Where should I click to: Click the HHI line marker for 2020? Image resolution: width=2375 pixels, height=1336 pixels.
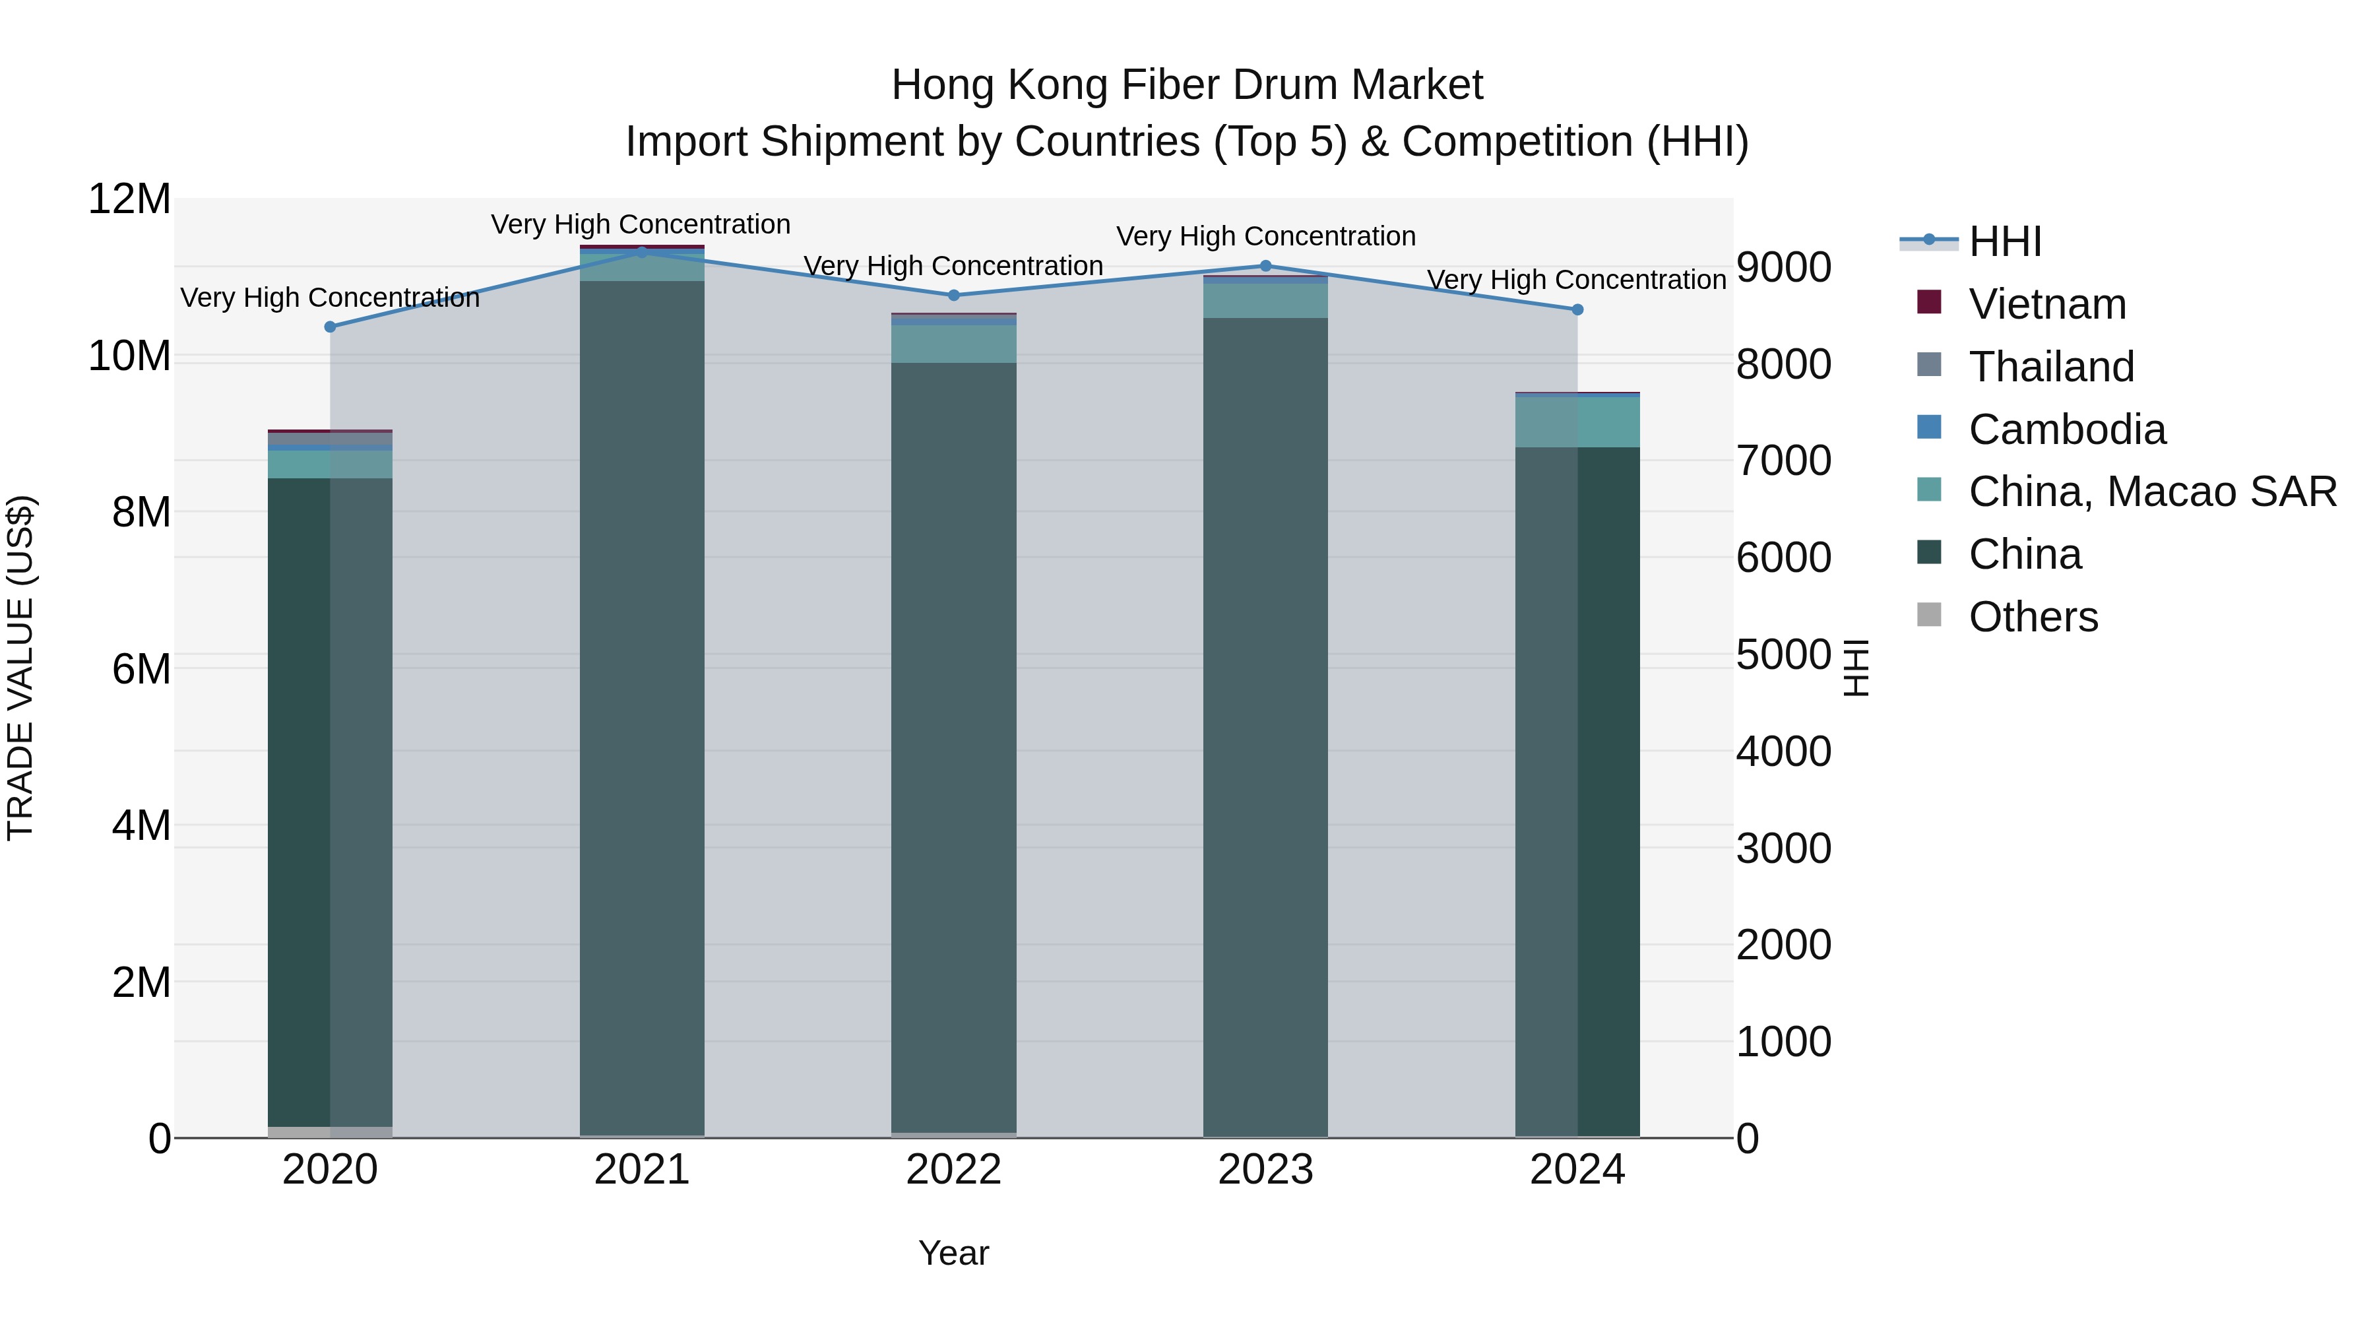click(330, 327)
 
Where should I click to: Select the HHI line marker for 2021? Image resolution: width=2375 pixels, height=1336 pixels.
click(642, 252)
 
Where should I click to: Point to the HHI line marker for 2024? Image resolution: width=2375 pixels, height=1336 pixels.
click(1577, 310)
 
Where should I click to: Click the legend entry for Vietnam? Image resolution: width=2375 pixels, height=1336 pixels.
click(2046, 304)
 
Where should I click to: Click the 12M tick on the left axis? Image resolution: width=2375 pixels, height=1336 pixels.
click(129, 199)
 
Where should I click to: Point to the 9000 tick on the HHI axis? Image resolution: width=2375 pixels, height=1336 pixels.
click(1783, 267)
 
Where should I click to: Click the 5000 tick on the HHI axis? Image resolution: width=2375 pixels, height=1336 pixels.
click(1783, 654)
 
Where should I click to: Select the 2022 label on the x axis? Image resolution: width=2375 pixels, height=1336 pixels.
click(953, 1170)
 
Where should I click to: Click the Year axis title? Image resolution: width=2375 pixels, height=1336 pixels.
click(953, 1253)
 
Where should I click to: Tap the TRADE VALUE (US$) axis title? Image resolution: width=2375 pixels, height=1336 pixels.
click(20, 668)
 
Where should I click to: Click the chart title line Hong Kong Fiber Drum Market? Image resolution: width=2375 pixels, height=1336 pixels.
click(1187, 85)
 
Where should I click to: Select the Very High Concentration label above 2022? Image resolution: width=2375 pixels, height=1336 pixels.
click(953, 265)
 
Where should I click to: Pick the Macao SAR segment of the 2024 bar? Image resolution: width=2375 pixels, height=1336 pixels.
click(1577, 422)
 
